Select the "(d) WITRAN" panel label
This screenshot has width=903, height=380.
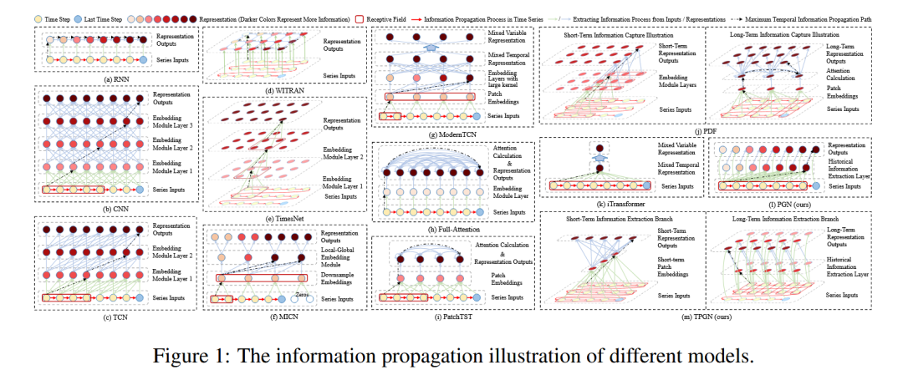[x=283, y=89]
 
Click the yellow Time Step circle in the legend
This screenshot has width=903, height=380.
[x=43, y=17]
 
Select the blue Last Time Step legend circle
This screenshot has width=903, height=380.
[x=90, y=17]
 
